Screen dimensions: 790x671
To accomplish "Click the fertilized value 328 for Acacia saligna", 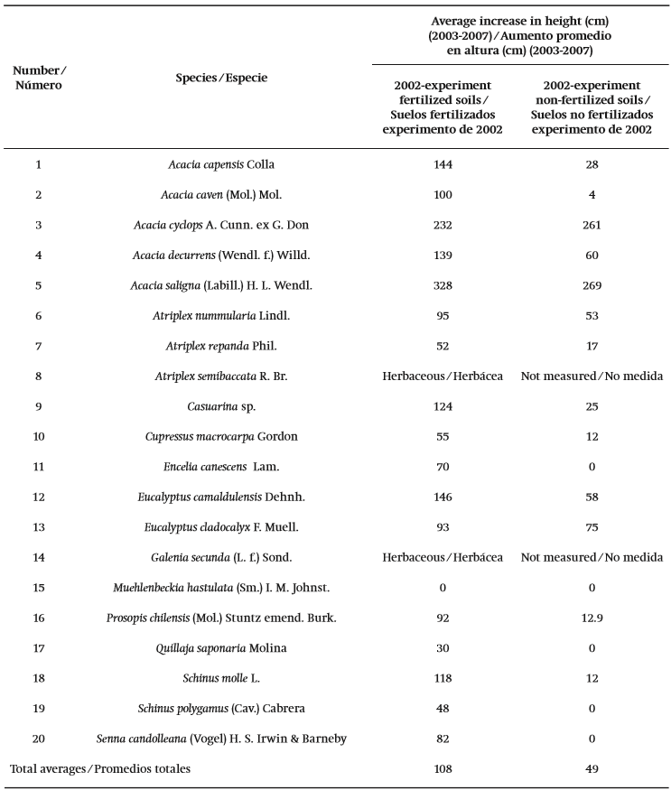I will click(443, 285).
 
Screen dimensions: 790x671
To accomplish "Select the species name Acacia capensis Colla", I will click(221, 164).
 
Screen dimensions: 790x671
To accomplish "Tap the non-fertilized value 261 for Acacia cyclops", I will click(592, 225).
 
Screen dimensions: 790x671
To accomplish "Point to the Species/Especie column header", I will click(221, 78).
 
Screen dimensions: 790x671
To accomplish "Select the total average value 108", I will click(443, 769).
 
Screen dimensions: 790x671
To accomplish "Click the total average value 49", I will click(592, 769).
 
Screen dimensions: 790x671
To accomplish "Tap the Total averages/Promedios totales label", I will click(100, 769).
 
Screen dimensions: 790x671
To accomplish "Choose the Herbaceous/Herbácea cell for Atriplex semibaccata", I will click(443, 376).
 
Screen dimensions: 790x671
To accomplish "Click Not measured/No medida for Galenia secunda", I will click(592, 558).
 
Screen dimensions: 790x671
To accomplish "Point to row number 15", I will click(38, 588).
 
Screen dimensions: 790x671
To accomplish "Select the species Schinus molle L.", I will click(221, 679).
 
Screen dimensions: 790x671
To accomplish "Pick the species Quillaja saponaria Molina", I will click(221, 648).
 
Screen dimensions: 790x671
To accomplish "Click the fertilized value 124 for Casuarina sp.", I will click(443, 406).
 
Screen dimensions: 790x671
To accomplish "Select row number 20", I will click(38, 739).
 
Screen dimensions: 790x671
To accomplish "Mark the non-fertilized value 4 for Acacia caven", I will click(592, 195).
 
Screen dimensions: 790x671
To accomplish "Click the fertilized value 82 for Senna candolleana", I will click(443, 739).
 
